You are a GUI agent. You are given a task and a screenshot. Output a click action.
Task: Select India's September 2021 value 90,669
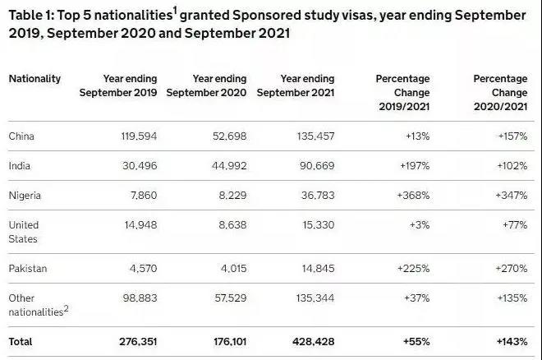(314, 165)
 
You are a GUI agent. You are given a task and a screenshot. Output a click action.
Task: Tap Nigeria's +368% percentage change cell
(411, 196)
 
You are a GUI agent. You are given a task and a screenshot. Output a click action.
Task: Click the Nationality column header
(34, 79)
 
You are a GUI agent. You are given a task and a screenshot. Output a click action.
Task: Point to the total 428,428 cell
(313, 339)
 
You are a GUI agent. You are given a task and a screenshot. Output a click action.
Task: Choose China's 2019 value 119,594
(136, 136)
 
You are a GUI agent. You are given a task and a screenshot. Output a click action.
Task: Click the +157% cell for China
(512, 136)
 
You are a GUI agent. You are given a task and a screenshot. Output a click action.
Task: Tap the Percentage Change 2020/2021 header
(500, 92)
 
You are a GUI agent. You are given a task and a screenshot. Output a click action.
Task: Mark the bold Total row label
(21, 339)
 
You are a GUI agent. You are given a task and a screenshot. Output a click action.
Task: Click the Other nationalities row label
(35, 305)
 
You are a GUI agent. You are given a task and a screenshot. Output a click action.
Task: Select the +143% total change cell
(510, 339)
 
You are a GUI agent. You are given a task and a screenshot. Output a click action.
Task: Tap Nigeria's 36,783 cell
(315, 196)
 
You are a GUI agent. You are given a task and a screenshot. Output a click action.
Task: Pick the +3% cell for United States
(416, 225)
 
